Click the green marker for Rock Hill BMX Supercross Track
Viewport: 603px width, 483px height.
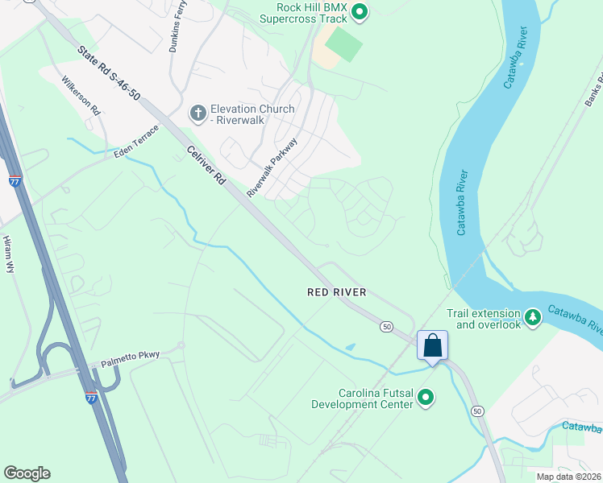tap(360, 11)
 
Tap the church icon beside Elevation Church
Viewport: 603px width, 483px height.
tap(198, 114)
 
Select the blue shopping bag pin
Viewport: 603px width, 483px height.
tap(432, 345)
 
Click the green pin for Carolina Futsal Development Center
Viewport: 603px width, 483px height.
tap(426, 397)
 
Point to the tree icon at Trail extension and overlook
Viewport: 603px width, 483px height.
tap(533, 317)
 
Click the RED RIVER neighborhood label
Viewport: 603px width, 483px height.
tap(337, 292)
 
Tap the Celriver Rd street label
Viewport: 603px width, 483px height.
tap(206, 167)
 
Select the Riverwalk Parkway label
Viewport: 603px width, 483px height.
tap(272, 167)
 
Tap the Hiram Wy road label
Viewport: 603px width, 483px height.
tap(10, 255)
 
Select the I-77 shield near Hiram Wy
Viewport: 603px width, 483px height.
tap(15, 181)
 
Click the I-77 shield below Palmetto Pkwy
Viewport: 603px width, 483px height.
tap(91, 397)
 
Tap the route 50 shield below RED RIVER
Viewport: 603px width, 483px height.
tap(387, 326)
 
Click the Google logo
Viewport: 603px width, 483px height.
tap(27, 473)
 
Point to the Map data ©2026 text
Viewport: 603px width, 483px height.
tap(568, 477)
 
